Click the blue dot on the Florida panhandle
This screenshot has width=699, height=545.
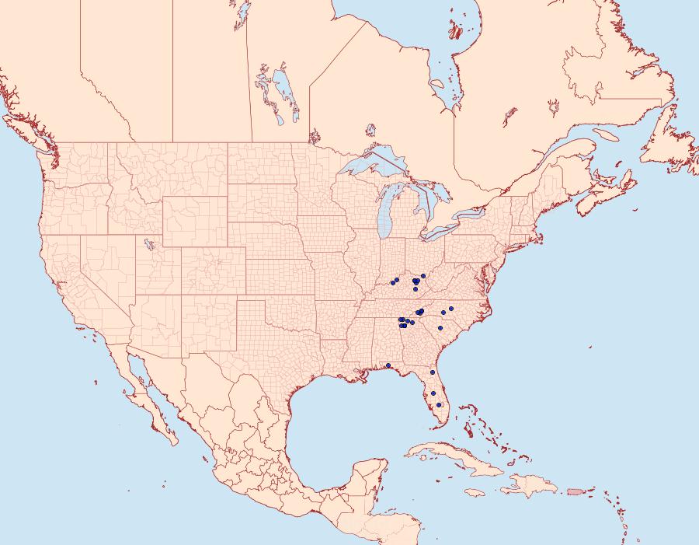[x=388, y=365]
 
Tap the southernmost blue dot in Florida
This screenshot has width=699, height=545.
[x=440, y=405]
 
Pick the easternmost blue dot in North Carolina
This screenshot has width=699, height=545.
[x=450, y=309]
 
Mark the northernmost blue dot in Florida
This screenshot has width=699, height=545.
[x=433, y=372]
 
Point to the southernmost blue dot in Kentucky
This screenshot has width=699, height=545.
[x=416, y=289]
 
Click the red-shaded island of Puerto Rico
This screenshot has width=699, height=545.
[x=576, y=491]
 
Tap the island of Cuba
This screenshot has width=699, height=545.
[x=450, y=455]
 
